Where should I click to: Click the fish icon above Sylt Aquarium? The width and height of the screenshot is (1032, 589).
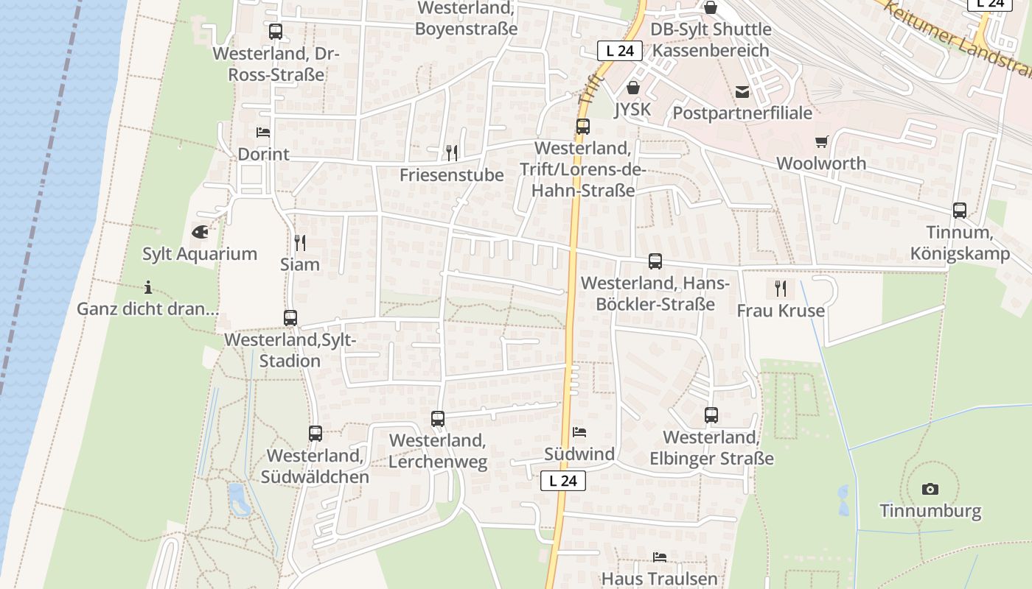(x=200, y=232)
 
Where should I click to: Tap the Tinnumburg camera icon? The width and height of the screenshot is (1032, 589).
(x=930, y=489)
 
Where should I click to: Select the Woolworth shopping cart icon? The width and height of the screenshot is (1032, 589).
(x=821, y=141)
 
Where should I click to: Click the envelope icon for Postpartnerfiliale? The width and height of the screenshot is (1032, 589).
(x=742, y=92)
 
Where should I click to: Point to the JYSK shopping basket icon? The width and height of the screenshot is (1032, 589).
(x=632, y=88)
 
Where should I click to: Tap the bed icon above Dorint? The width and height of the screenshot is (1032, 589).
(x=263, y=133)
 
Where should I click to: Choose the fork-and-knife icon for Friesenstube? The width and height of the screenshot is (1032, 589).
(x=452, y=153)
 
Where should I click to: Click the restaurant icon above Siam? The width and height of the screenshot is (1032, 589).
(x=300, y=242)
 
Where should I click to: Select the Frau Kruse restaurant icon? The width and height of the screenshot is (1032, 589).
(x=781, y=289)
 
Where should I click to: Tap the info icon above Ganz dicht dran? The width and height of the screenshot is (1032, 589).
(x=148, y=287)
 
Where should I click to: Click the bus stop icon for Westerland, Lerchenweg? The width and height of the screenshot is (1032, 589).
(x=438, y=419)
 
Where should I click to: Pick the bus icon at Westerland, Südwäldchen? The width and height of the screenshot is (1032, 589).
(x=315, y=434)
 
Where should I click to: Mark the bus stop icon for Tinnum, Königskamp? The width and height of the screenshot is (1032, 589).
(x=960, y=211)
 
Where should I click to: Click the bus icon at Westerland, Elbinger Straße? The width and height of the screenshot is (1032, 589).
(x=711, y=415)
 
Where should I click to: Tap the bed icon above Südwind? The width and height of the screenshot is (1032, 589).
(x=579, y=432)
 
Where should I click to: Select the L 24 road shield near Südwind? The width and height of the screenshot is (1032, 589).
(x=563, y=481)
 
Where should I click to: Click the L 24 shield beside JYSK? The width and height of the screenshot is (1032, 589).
(x=620, y=51)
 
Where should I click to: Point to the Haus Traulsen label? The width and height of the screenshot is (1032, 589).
(x=659, y=579)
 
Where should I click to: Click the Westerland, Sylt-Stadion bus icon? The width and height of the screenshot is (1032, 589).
(x=290, y=318)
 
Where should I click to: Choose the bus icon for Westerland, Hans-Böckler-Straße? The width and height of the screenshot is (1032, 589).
(x=655, y=261)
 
